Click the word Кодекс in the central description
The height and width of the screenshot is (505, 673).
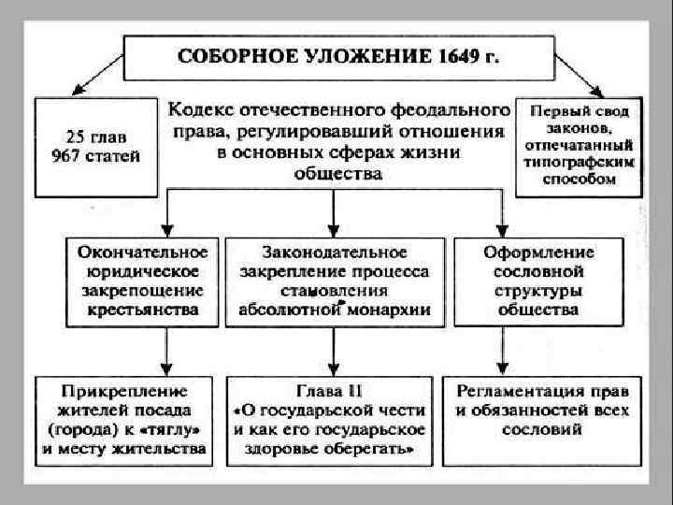pos(201,110)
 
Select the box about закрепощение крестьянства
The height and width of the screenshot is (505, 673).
pos(143,281)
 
